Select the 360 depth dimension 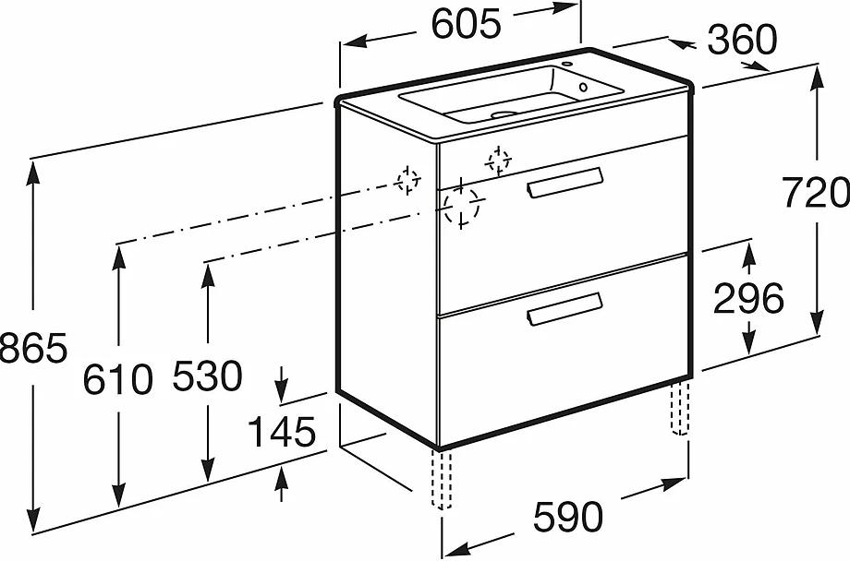742,40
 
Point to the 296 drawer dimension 749,298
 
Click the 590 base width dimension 566,518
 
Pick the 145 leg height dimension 283,431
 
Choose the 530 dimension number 208,376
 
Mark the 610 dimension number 118,377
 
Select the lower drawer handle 565,309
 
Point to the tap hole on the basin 583,89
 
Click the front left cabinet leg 442,479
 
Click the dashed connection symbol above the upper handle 499,161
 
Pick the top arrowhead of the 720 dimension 818,74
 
